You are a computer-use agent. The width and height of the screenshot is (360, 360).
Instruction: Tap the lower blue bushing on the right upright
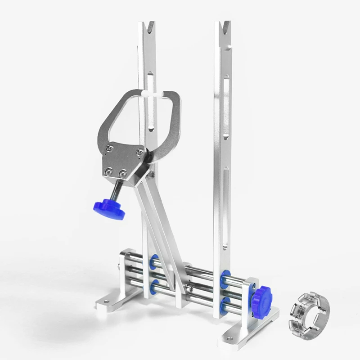pos(224,304)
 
